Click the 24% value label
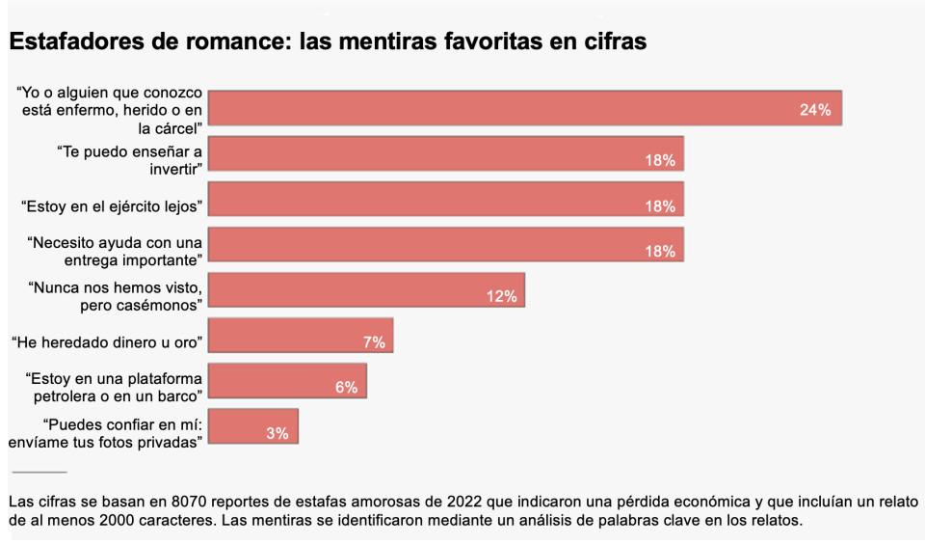coord(814,110)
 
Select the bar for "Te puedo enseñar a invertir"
coord(446,153)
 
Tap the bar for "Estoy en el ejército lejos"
coord(446,200)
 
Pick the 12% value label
coord(501,297)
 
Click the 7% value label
coord(374,341)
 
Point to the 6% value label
coord(346,387)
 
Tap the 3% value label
coord(277,433)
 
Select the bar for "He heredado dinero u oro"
coord(301,336)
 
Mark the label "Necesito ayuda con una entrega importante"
coord(115,251)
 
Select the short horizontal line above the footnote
coord(40,472)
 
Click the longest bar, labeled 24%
coord(525,108)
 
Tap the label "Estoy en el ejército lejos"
coord(111,205)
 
